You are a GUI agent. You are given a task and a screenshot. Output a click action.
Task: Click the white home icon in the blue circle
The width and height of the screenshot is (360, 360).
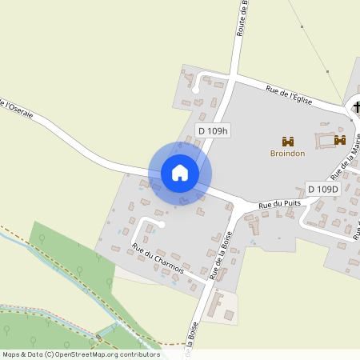click(180, 172)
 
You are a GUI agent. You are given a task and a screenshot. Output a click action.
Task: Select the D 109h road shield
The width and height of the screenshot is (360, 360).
click(214, 130)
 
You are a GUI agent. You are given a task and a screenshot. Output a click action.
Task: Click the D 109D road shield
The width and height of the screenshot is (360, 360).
click(323, 189)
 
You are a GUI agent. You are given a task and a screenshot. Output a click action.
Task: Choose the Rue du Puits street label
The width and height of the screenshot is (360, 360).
click(278, 206)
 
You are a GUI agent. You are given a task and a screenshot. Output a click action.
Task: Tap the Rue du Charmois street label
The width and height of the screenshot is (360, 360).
click(158, 259)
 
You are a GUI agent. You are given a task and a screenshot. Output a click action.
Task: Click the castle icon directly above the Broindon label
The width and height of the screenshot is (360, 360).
click(288, 141)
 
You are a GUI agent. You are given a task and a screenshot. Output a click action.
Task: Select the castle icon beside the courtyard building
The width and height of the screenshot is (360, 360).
click(339, 140)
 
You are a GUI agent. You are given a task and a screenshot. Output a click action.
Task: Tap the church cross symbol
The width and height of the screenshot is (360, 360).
click(354, 106)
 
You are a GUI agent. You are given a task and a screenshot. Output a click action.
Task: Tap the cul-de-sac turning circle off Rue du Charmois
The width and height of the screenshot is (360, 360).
click(161, 225)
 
